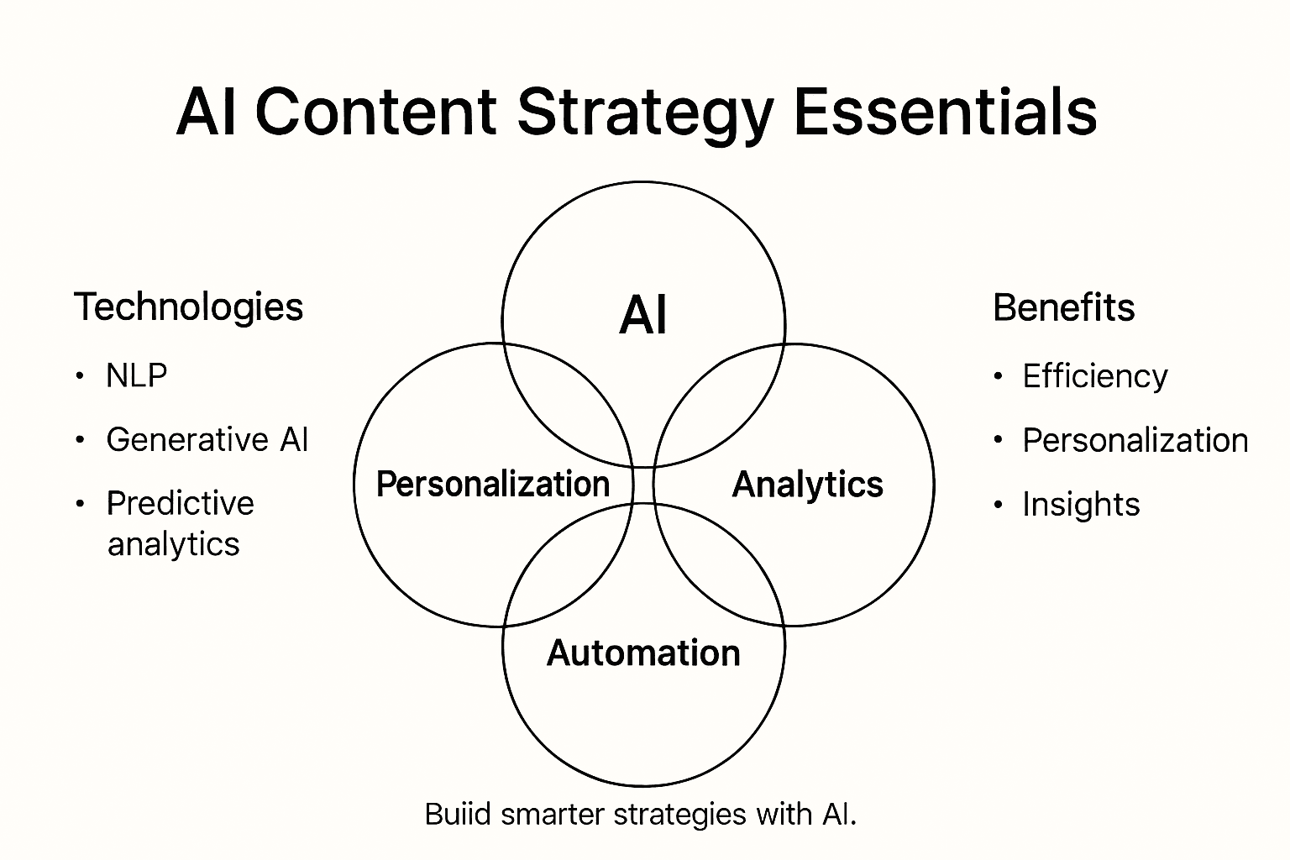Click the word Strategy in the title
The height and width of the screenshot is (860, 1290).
[x=644, y=113]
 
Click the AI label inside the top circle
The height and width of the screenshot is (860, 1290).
[x=643, y=316]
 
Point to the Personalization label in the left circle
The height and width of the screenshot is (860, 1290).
[x=492, y=485]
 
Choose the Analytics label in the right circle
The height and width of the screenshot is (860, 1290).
[x=807, y=485]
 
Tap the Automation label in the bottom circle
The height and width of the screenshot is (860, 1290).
[x=643, y=653]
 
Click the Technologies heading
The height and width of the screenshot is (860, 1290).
[x=188, y=307]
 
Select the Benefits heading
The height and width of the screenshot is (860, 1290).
[x=1063, y=307]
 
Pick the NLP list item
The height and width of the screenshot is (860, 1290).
[x=136, y=375]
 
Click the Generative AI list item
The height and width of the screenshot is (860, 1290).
[x=207, y=440]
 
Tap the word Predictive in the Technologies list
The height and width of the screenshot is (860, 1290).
[x=180, y=504]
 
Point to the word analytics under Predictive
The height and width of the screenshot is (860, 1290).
[x=173, y=544]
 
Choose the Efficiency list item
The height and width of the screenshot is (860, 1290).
[x=1094, y=376]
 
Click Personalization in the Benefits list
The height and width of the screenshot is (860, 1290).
[x=1135, y=441]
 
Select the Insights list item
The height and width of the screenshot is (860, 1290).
[x=1081, y=505]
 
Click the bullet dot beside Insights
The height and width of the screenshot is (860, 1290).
[x=998, y=505]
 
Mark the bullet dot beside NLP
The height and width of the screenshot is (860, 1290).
[x=80, y=375]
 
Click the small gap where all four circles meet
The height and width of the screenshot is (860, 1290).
[x=643, y=485]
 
